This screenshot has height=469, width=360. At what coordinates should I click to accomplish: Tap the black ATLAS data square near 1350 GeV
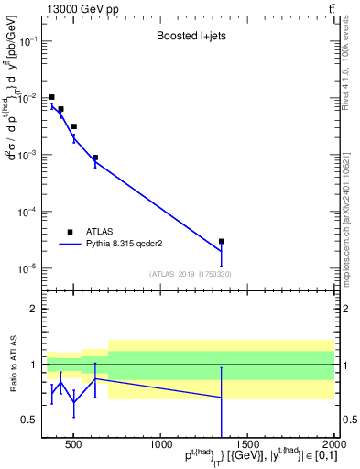coord(222,242)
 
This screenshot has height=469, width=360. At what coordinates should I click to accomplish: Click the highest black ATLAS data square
coord(52,97)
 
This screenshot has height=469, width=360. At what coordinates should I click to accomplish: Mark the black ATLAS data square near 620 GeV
coord(95,158)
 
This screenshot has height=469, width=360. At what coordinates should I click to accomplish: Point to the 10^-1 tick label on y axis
coord(28,41)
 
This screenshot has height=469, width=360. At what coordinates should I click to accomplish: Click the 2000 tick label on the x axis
coord(333,445)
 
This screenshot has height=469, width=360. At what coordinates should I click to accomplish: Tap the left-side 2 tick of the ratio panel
coord(32,310)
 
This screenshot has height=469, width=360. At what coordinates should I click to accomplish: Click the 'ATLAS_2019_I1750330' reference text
coord(191,274)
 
